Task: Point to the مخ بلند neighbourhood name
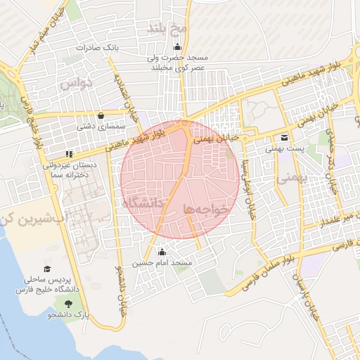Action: [x=166, y=29]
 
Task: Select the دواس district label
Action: [x=75, y=84]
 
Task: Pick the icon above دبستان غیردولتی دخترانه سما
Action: [x=68, y=154]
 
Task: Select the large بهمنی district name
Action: [x=293, y=179]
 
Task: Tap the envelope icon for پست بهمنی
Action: [x=284, y=138]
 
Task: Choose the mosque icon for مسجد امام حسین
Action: [x=162, y=252]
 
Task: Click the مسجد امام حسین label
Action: [x=172, y=262]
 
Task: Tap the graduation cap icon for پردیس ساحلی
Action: [x=47, y=269]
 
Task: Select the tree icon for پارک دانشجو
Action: [x=68, y=304]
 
